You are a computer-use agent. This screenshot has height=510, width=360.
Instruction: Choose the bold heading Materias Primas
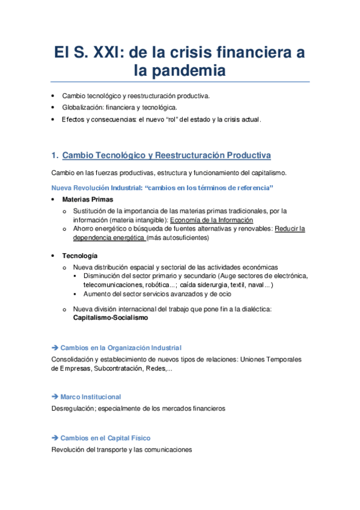click(x=87, y=199)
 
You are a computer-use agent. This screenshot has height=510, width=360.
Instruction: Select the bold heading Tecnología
click(x=80, y=256)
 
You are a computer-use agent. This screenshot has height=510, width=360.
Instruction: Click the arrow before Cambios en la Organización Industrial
click(x=55, y=348)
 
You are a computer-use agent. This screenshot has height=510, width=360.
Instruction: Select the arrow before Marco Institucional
click(x=55, y=397)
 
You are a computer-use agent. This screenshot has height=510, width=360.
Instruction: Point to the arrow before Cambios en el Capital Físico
click(x=55, y=438)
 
